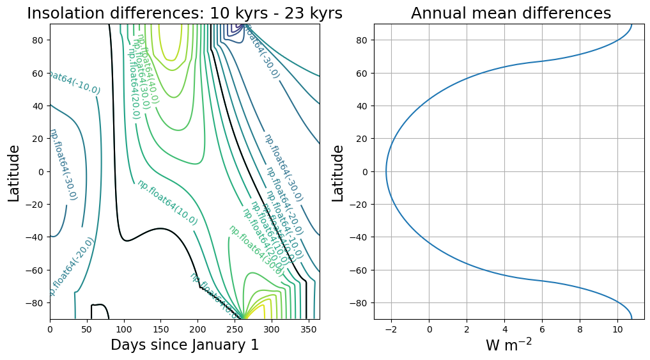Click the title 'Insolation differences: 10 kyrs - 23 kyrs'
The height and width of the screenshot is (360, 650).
pos(185,13)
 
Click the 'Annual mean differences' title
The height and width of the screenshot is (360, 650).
pos(511,13)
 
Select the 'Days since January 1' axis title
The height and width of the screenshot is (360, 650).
pos(185,345)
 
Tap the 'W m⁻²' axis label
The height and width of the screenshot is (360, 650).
pos(509,345)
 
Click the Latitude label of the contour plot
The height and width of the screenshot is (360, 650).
pos(14,173)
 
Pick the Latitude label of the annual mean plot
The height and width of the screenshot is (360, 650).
pos(338,173)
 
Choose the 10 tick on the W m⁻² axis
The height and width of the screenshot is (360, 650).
pos(617,329)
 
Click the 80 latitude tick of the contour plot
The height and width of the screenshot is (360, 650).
pos(38,40)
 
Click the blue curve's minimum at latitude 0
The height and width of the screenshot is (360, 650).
pos(386,171)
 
